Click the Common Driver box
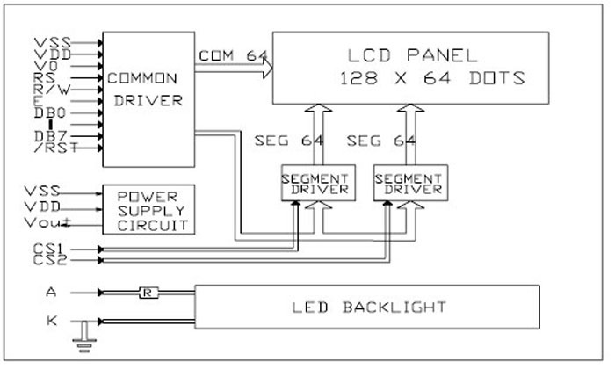(146, 98)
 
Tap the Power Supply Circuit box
(148, 209)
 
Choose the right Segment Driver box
(408, 183)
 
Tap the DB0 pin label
(50, 112)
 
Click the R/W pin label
(49, 88)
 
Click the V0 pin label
(46, 65)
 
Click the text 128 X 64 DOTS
(430, 78)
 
